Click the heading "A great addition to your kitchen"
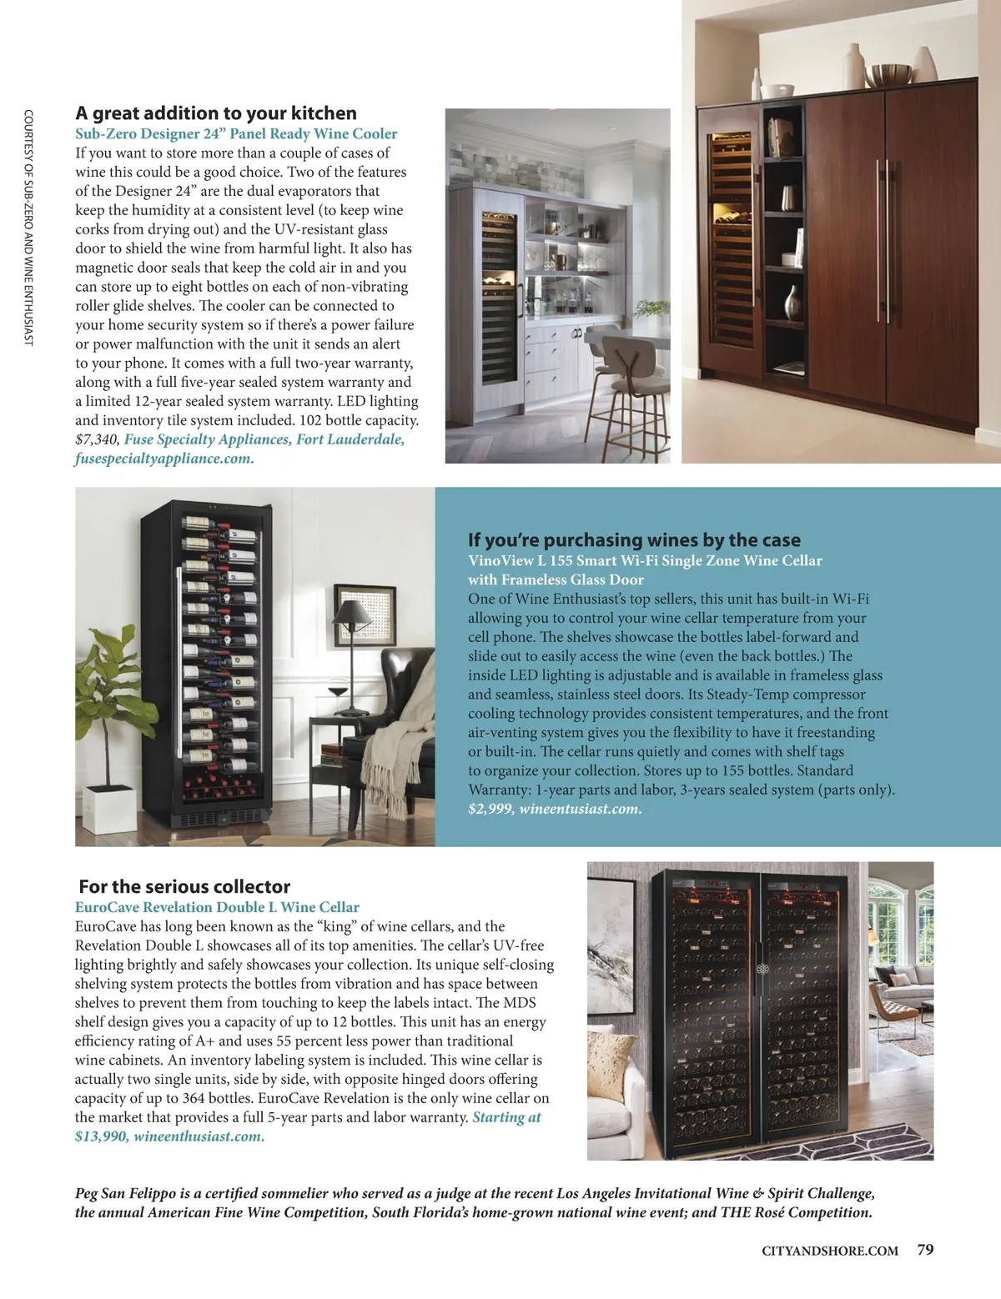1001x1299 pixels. tap(216, 113)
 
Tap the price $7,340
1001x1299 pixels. tap(98, 439)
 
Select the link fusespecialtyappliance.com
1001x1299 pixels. tap(164, 459)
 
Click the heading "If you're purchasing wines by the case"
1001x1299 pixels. tap(634, 540)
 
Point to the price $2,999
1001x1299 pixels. tap(490, 809)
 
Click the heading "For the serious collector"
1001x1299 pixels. tap(184, 887)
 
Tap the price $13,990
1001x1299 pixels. tap(100, 1136)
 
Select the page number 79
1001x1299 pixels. tap(925, 1249)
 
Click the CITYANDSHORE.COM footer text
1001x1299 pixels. tap(830, 1251)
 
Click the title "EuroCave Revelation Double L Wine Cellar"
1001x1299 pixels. tap(217, 907)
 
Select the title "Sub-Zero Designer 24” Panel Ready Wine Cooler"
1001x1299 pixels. tap(236, 133)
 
